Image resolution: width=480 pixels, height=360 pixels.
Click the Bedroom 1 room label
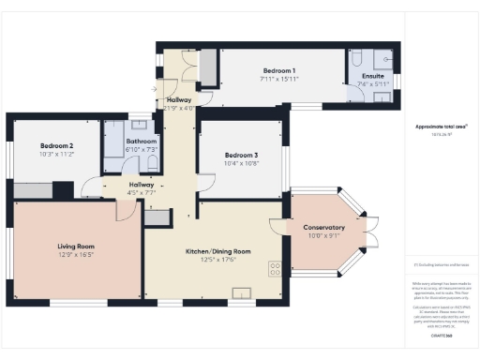click(x=279, y=71)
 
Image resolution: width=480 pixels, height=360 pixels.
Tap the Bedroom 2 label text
click(x=56, y=145)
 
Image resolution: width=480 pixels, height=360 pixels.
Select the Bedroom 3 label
click(x=241, y=155)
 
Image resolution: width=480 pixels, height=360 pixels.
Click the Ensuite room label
click(x=370, y=76)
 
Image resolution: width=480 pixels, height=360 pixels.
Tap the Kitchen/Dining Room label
click(x=219, y=251)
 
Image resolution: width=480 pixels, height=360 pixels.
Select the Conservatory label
click(x=323, y=228)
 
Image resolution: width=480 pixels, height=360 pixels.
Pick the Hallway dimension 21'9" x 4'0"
click(x=178, y=108)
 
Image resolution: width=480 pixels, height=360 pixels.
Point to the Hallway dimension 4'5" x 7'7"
click(x=142, y=194)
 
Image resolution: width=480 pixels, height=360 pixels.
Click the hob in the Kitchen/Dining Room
click(x=277, y=268)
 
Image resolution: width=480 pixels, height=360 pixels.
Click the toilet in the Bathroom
click(x=152, y=162)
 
